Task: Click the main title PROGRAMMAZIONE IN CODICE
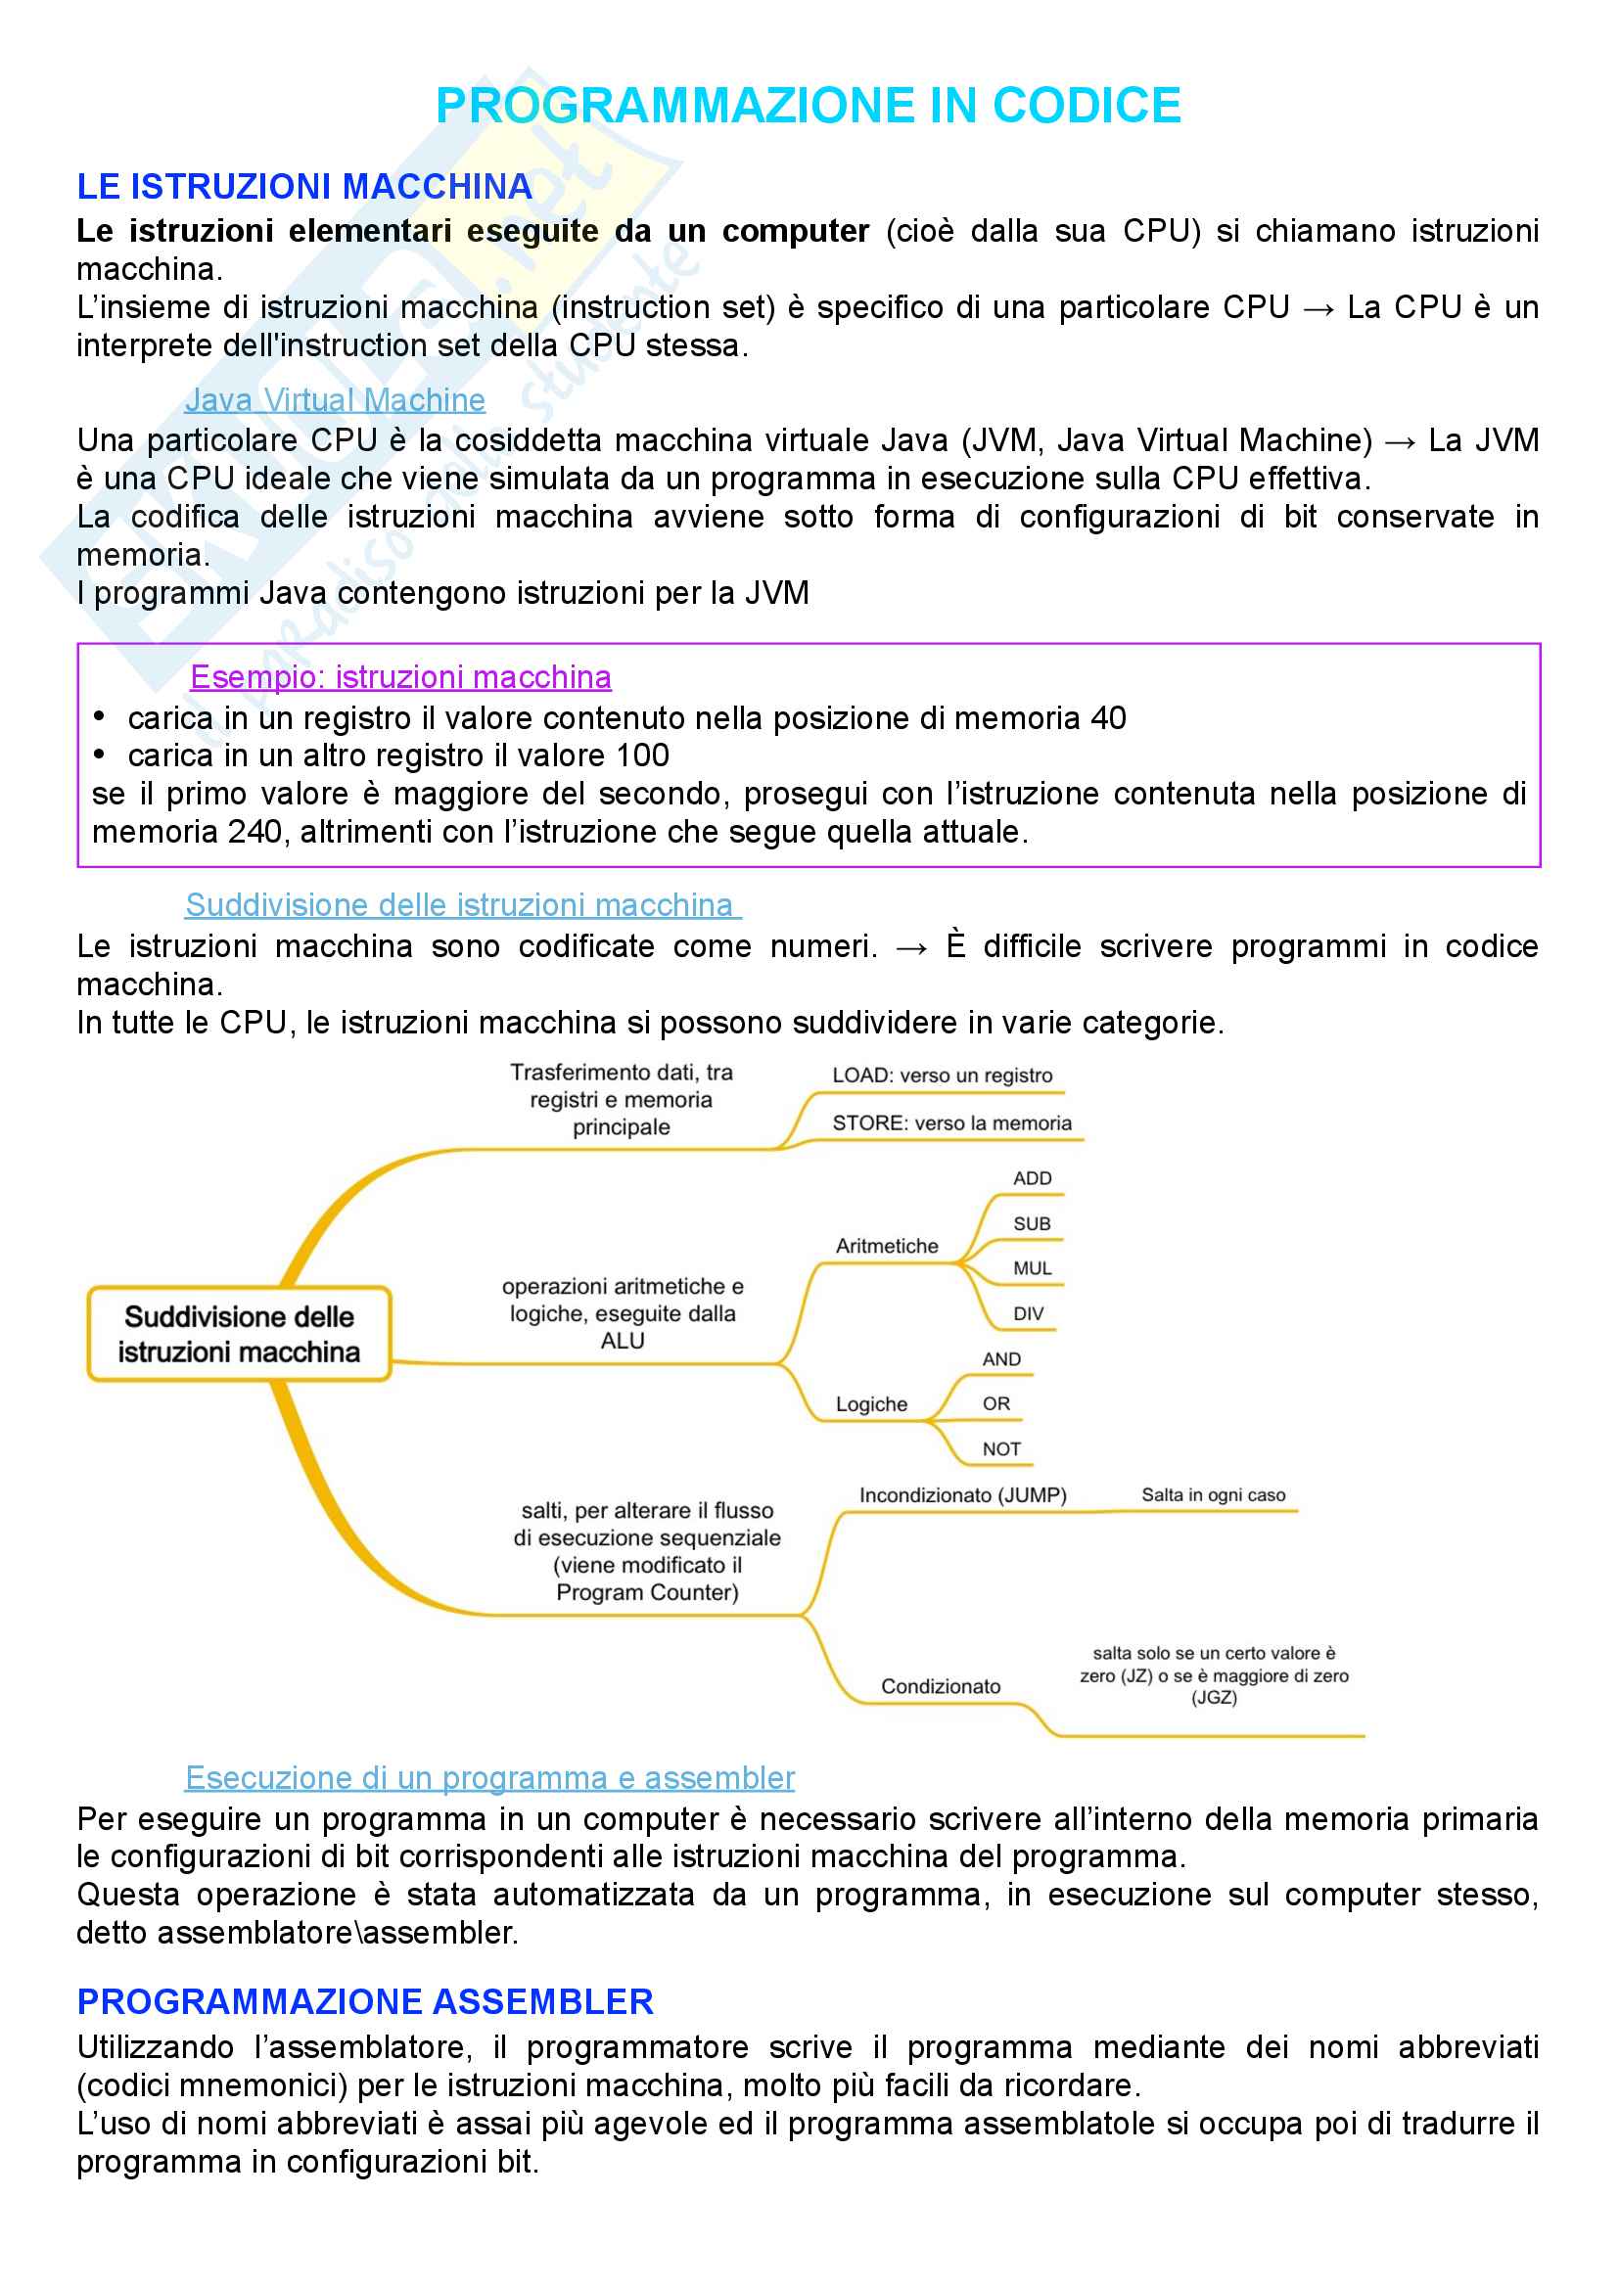pos(808,106)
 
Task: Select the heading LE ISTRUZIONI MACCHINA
pos(304,187)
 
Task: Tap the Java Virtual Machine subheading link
pos(335,400)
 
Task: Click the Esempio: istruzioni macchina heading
pos(400,677)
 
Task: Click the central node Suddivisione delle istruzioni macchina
pos(239,1334)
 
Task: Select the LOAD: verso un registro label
pos(942,1076)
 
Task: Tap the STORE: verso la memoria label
pos(952,1123)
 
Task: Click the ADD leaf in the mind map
pos(1032,1178)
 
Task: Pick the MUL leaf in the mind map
pos(1032,1269)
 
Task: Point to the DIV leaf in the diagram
pos(1028,1314)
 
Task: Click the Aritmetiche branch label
pos(886,1246)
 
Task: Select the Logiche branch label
pos(871,1404)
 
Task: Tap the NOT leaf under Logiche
pos(1001,1449)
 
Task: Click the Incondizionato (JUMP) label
pos(962,1495)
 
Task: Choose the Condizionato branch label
pos(940,1687)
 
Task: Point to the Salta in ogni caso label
pos(1213,1495)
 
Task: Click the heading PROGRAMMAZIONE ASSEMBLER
pos(365,2002)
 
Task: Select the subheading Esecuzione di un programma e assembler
pos(489,1777)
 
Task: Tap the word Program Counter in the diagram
pos(647,1592)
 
